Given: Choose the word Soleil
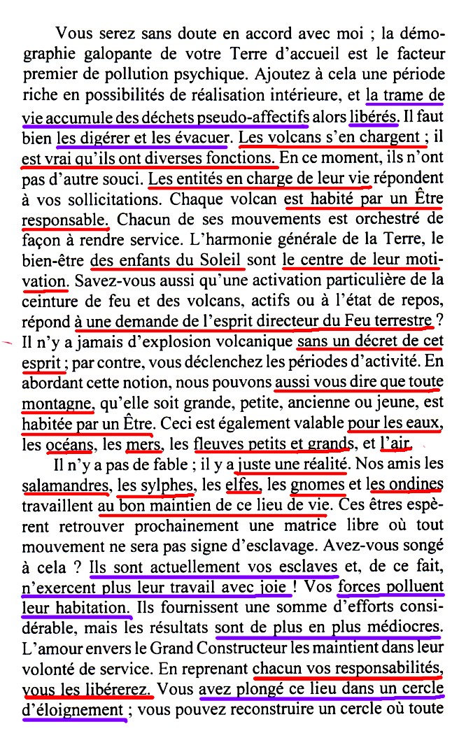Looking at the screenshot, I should click(x=218, y=260).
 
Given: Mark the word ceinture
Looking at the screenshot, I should click(x=51, y=301).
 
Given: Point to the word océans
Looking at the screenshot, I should click(x=71, y=444).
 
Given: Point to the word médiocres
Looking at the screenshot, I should click(x=405, y=628).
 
